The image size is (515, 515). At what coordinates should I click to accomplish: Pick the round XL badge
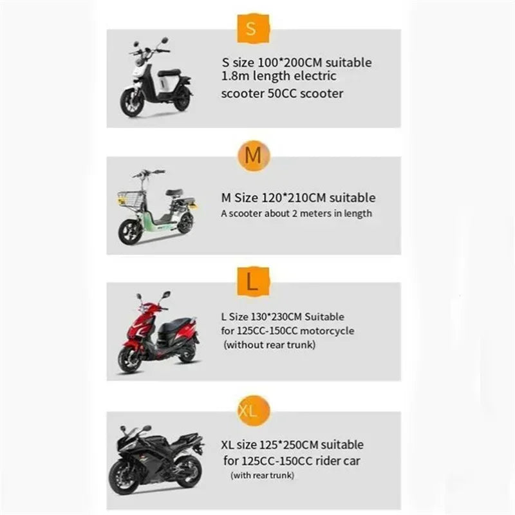pyautogui.click(x=253, y=410)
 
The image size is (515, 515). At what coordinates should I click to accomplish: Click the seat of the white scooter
pyautogui.click(x=169, y=72)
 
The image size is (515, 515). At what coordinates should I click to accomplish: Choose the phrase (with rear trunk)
pyautogui.click(x=263, y=475)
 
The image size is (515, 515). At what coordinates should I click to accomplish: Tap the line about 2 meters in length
pyautogui.click(x=296, y=214)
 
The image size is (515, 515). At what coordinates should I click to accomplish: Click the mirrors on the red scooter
pyautogui.click(x=153, y=296)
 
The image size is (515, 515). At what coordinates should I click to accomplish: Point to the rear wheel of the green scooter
pyautogui.click(x=185, y=223)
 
